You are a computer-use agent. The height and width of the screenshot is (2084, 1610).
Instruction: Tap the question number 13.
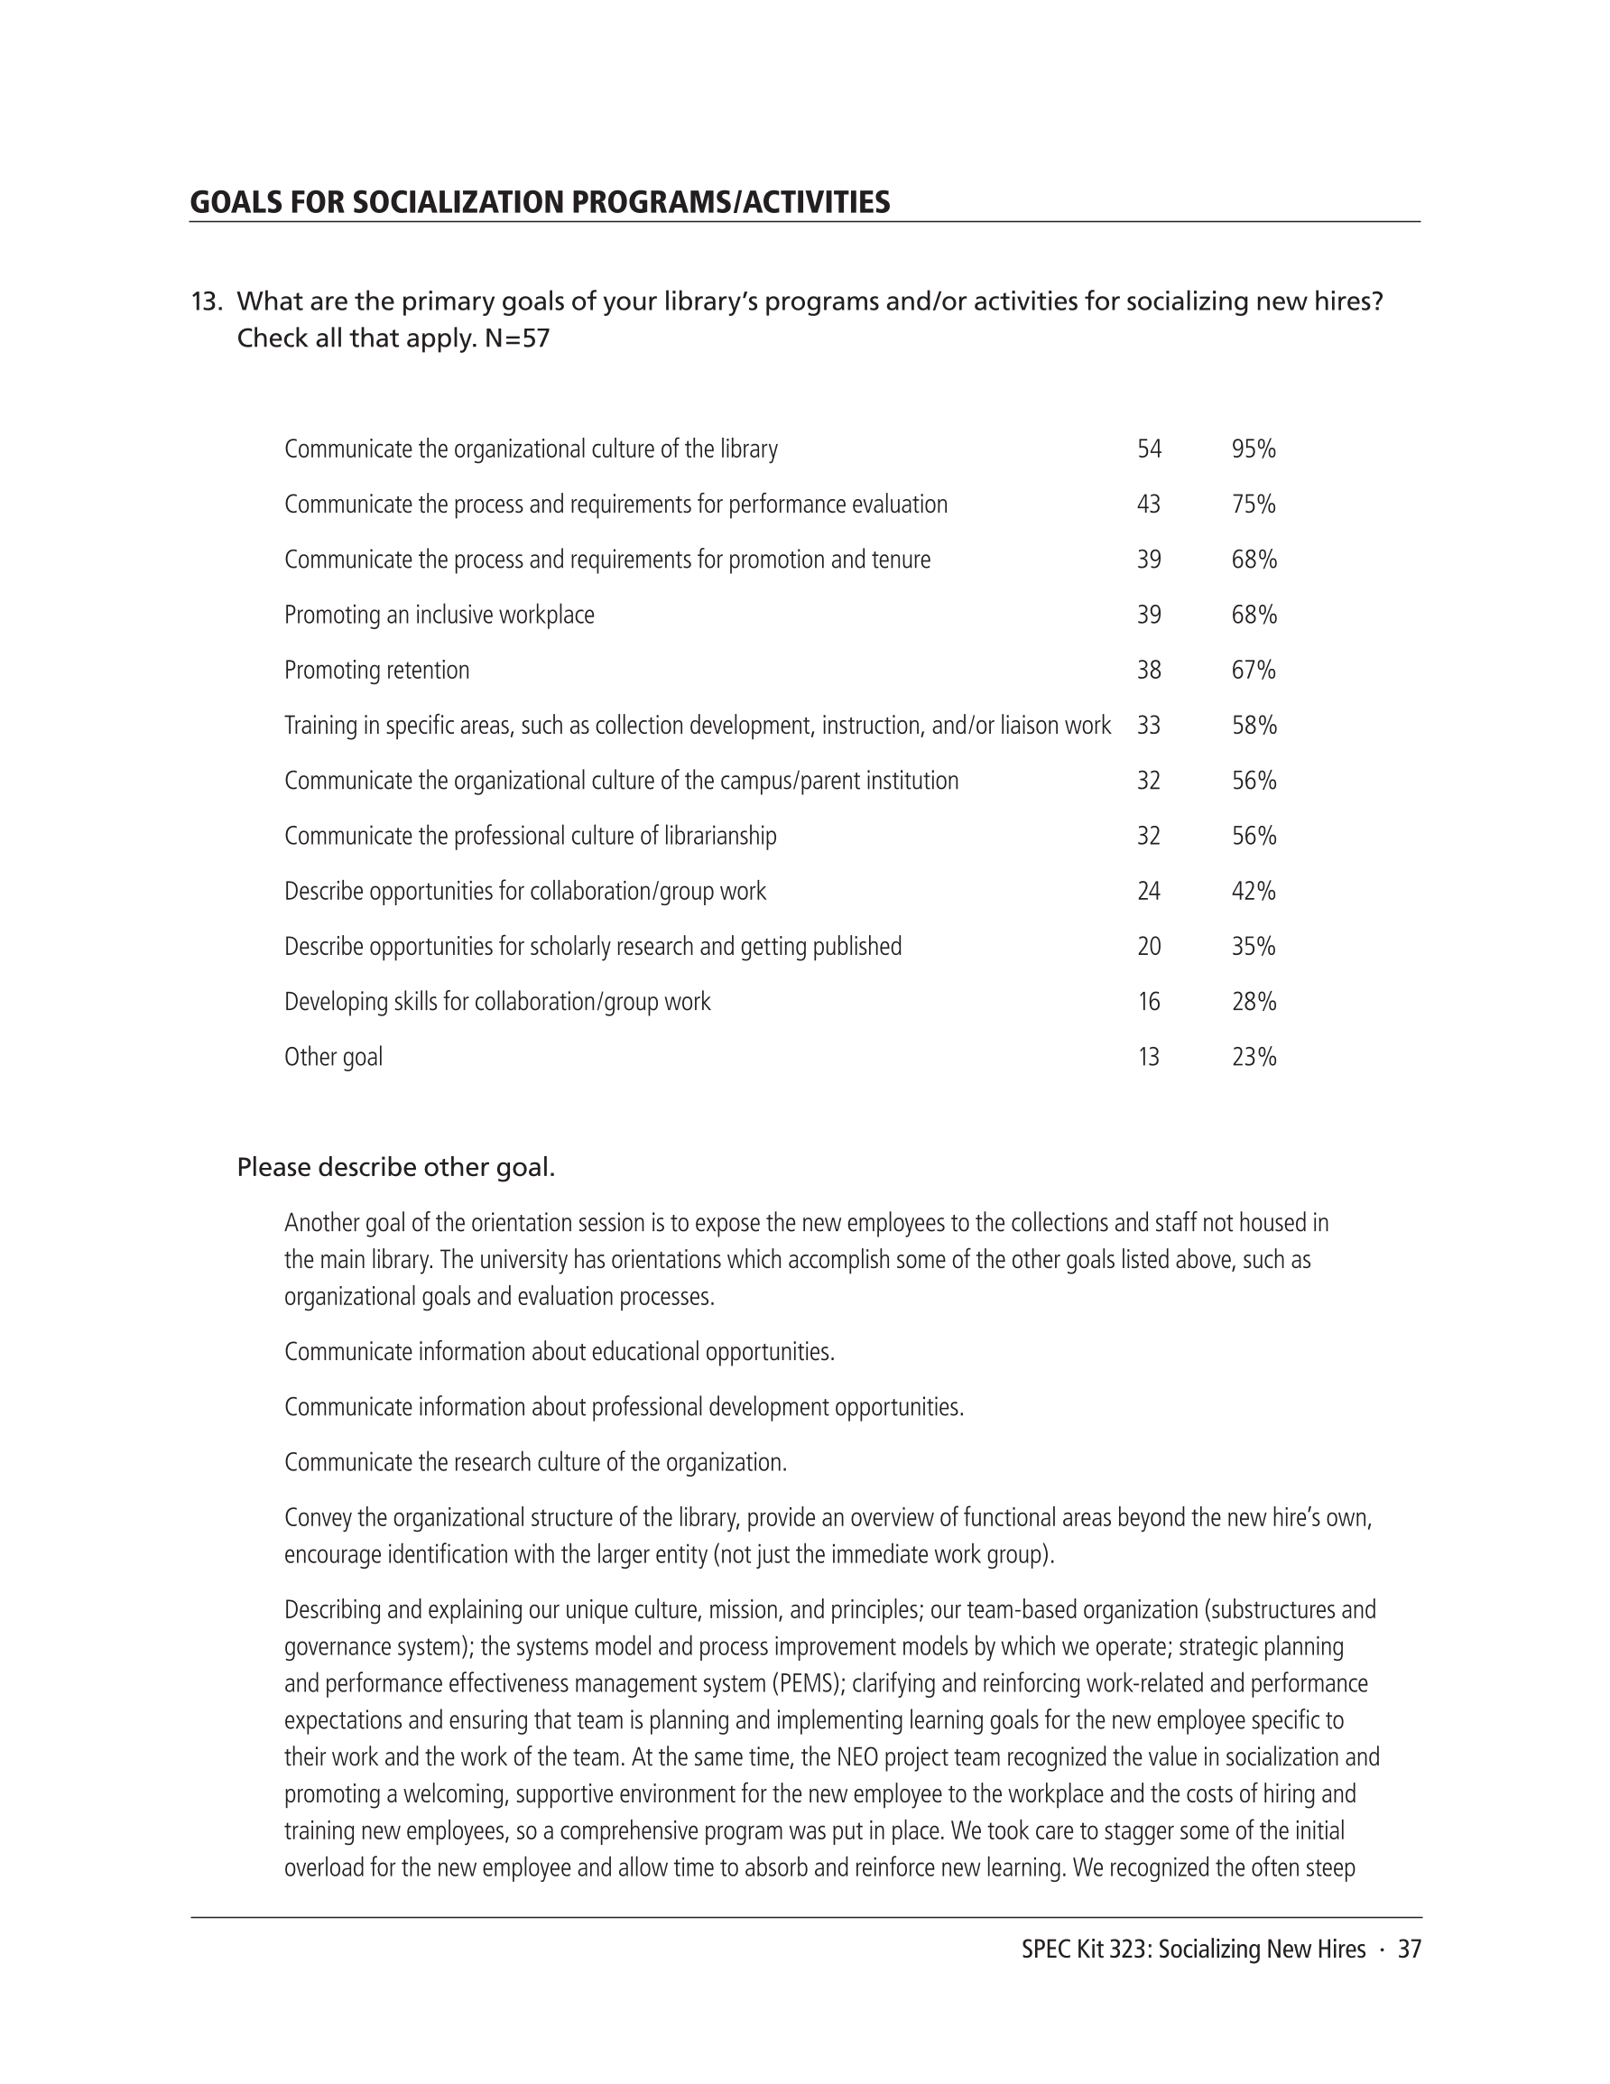tap(206, 301)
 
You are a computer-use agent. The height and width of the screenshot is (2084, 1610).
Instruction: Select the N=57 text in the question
tap(516, 338)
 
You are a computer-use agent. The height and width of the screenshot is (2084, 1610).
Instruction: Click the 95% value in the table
tap(1253, 449)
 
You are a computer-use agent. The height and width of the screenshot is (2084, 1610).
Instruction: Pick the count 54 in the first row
tap(1149, 449)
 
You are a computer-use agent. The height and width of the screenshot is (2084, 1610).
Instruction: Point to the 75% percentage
tap(1253, 504)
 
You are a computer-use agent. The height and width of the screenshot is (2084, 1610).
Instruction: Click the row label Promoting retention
tap(377, 670)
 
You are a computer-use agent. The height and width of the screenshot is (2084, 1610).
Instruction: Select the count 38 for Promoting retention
tap(1149, 670)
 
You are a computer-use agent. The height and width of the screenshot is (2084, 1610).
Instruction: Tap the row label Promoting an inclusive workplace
tap(439, 615)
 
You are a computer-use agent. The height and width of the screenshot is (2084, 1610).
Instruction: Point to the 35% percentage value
tap(1253, 947)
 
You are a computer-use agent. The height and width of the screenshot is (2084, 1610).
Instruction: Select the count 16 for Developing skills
tap(1149, 1002)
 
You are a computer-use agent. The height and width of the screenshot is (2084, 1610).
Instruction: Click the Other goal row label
tap(333, 1057)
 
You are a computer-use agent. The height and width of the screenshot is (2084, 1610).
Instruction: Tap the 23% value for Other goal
tap(1253, 1057)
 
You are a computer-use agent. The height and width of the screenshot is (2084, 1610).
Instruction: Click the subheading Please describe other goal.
tap(396, 1167)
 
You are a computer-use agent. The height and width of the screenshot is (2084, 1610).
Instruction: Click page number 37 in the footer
tap(1410, 1950)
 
